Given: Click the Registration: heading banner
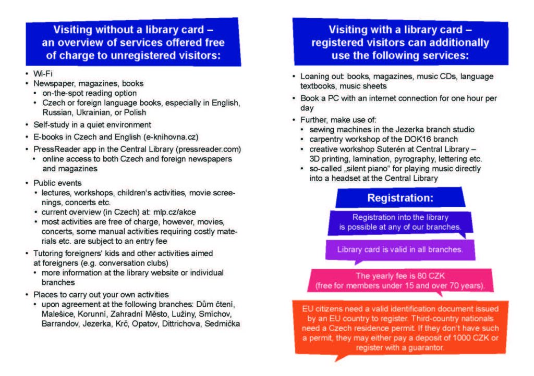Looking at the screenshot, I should (x=400, y=198).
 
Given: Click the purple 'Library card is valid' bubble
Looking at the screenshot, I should (x=399, y=249).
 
